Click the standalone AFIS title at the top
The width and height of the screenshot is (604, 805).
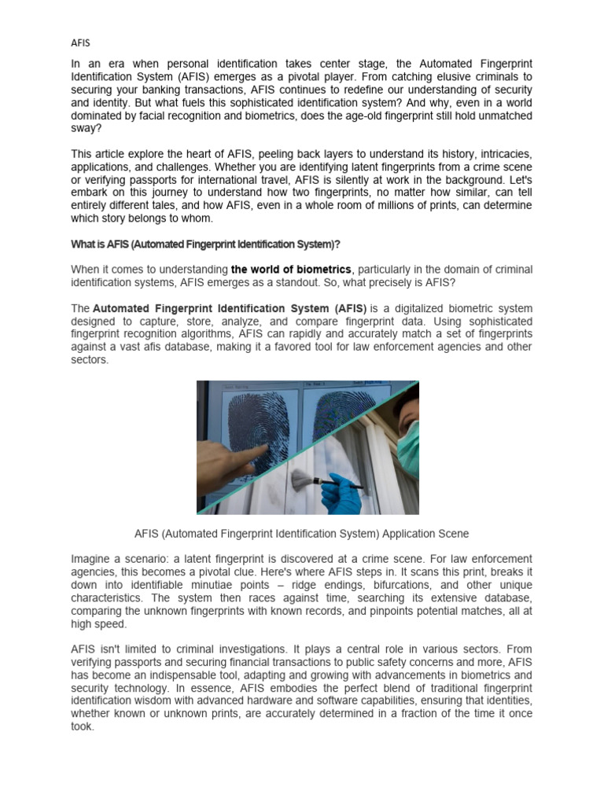point(80,42)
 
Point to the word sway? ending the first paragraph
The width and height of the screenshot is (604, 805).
point(84,128)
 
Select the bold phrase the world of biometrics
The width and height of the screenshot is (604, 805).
point(291,270)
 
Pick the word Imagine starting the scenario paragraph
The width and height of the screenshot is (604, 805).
point(93,559)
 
